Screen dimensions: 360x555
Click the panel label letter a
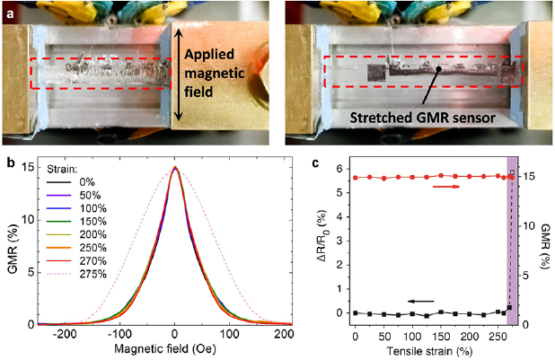(x=9, y=8)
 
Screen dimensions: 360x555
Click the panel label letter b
(x=8, y=162)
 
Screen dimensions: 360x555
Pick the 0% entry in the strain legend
(x=77, y=184)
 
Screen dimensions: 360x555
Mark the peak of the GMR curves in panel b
(x=175, y=168)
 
